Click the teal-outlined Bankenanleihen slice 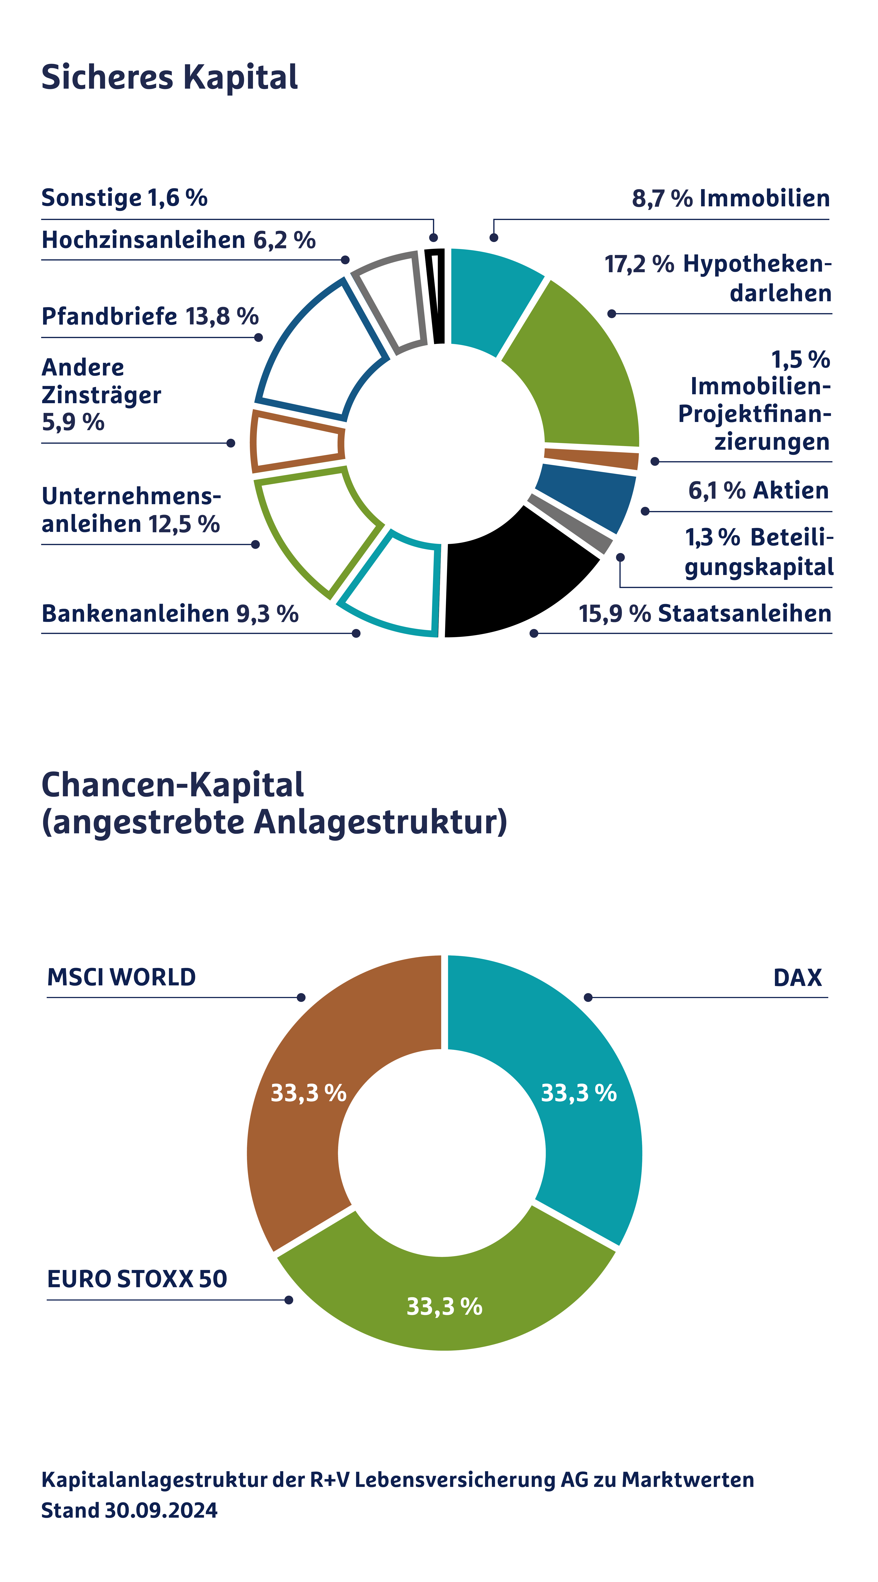point(393,590)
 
